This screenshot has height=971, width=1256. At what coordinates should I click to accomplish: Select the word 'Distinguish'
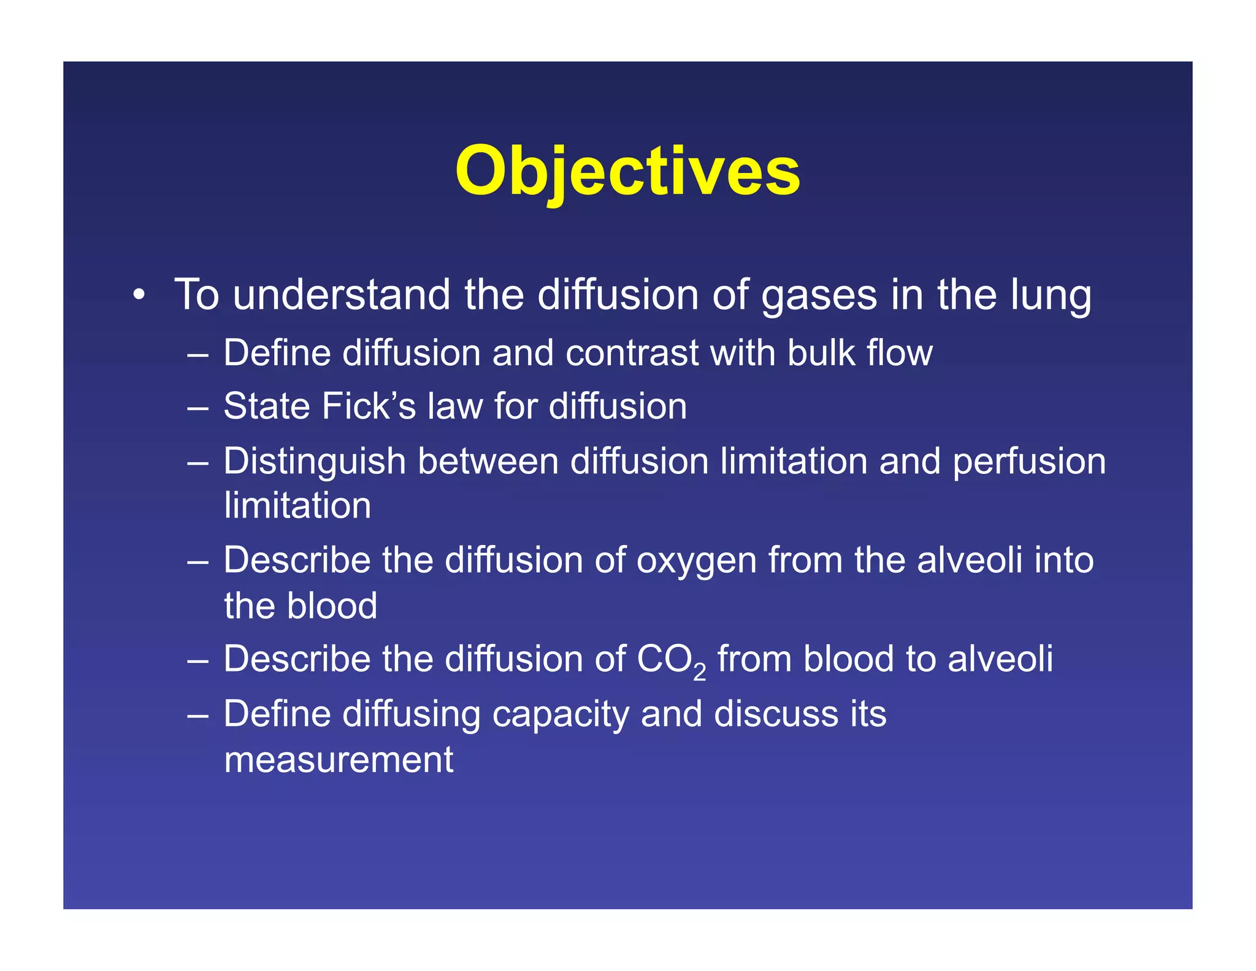click(x=314, y=462)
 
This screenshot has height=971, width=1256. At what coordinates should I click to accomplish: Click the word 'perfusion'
click(x=1028, y=462)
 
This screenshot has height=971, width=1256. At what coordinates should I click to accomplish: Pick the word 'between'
click(x=488, y=462)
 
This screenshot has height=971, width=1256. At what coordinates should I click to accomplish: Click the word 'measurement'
click(x=339, y=760)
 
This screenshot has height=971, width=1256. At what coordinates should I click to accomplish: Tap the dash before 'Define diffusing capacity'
click(x=198, y=715)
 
